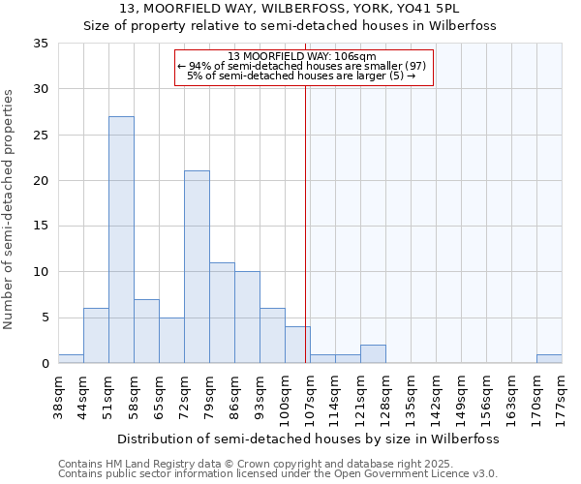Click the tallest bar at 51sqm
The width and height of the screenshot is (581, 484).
pyautogui.click(x=121, y=240)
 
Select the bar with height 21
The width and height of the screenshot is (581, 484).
pyautogui.click(x=197, y=267)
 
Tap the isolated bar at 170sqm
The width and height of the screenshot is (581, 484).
pyautogui.click(x=549, y=359)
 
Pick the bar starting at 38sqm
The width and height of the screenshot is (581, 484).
pyautogui.click(x=71, y=359)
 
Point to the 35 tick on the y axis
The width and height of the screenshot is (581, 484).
pyautogui.click(x=43, y=44)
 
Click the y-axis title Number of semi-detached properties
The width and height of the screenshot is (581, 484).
pyautogui.click(x=10, y=209)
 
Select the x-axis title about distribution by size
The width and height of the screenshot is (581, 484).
pyautogui.click(x=309, y=439)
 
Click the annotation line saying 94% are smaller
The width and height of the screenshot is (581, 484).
pyautogui.click(x=301, y=66)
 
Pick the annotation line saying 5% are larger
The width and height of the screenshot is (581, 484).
pyautogui.click(x=301, y=76)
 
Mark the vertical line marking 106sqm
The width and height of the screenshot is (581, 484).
pyautogui.click(x=306, y=223)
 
